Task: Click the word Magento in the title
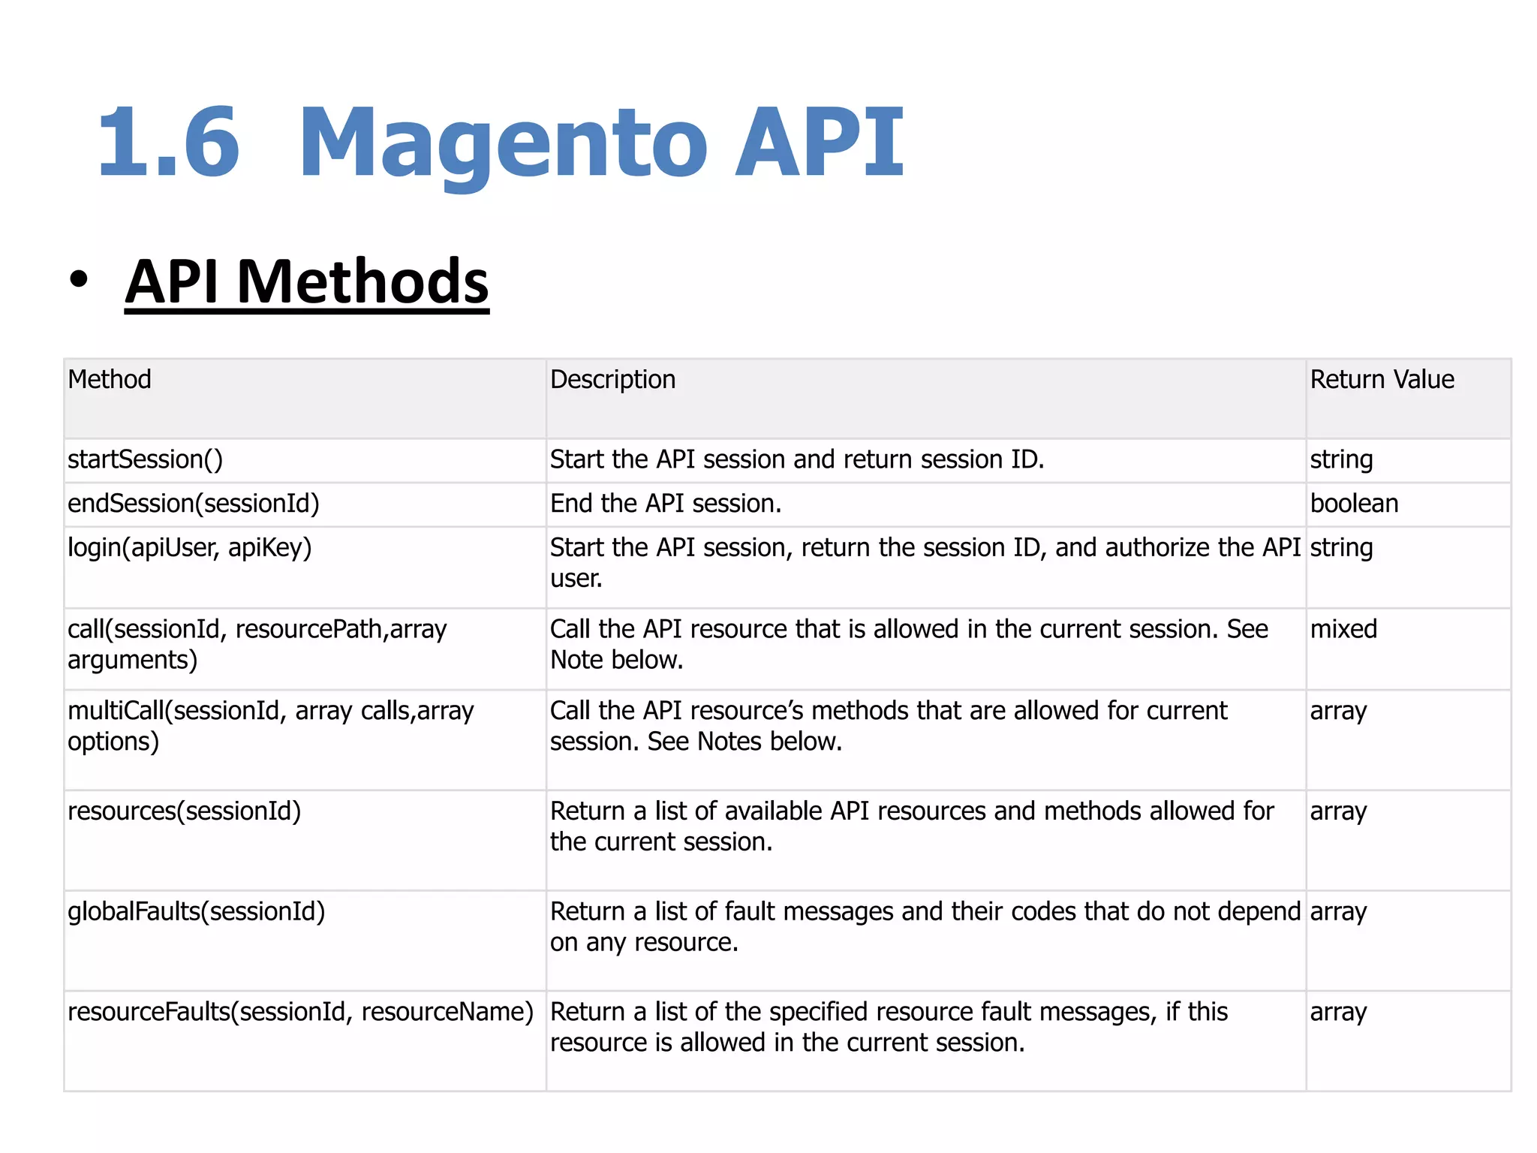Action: click(x=503, y=143)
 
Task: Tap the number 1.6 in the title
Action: click(x=169, y=143)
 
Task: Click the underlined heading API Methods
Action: click(x=307, y=281)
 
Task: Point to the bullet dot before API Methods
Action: click(x=78, y=279)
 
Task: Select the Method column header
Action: click(x=110, y=379)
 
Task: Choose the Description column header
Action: click(x=612, y=379)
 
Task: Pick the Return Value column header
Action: click(x=1382, y=379)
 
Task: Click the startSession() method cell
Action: click(x=146, y=459)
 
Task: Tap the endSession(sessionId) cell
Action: click(x=194, y=503)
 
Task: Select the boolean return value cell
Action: click(x=1354, y=503)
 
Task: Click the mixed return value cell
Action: click(x=1343, y=629)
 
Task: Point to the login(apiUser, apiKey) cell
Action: click(x=190, y=547)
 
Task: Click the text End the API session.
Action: click(x=665, y=503)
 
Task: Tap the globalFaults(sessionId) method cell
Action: click(x=197, y=911)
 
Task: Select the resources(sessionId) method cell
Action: click(x=185, y=811)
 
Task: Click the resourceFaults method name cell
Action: click(x=300, y=1012)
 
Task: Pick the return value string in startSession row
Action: click(x=1341, y=459)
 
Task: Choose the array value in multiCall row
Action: click(x=1338, y=711)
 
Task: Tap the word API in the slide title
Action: click(x=820, y=143)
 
